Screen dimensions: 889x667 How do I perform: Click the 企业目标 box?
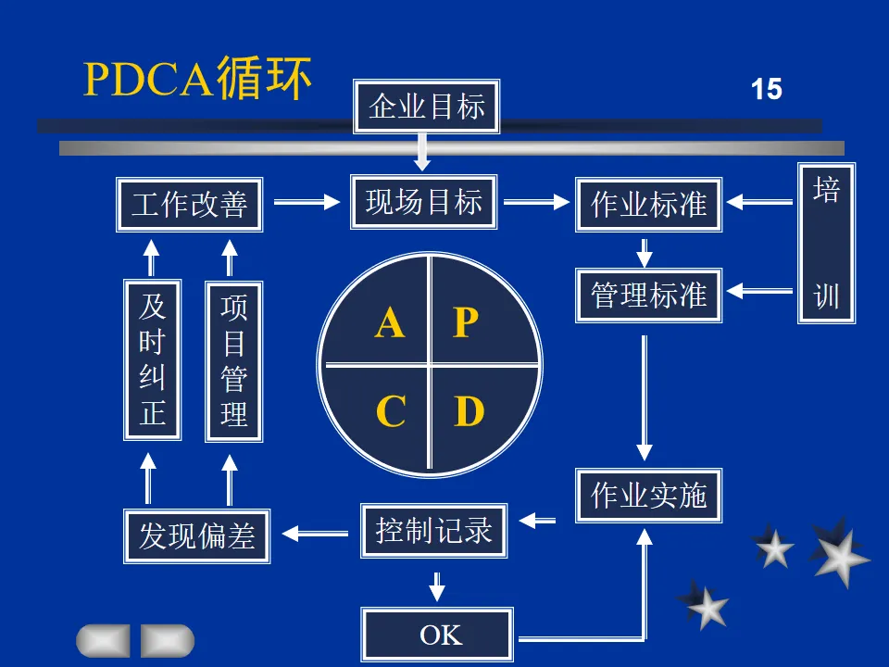(x=427, y=107)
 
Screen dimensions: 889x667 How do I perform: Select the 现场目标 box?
(x=424, y=201)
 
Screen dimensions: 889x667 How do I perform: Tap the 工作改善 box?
(x=189, y=205)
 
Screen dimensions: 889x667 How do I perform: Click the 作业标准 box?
(x=648, y=205)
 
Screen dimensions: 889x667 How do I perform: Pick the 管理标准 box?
(x=648, y=296)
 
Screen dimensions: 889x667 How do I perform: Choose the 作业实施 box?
(x=648, y=496)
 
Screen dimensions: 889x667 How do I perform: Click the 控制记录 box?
(x=433, y=531)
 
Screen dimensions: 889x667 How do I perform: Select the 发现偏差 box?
(x=196, y=535)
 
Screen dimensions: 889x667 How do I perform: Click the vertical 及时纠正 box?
(x=152, y=360)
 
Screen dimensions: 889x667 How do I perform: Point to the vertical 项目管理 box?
(x=233, y=360)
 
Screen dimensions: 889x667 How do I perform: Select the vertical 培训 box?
(x=826, y=243)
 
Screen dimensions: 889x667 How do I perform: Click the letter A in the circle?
(x=390, y=322)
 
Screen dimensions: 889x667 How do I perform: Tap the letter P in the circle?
(x=465, y=322)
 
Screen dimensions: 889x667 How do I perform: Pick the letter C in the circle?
(x=390, y=410)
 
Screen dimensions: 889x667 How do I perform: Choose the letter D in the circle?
(x=469, y=410)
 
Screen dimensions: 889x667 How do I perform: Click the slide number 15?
(x=766, y=90)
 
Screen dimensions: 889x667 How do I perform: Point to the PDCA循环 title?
(x=197, y=80)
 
